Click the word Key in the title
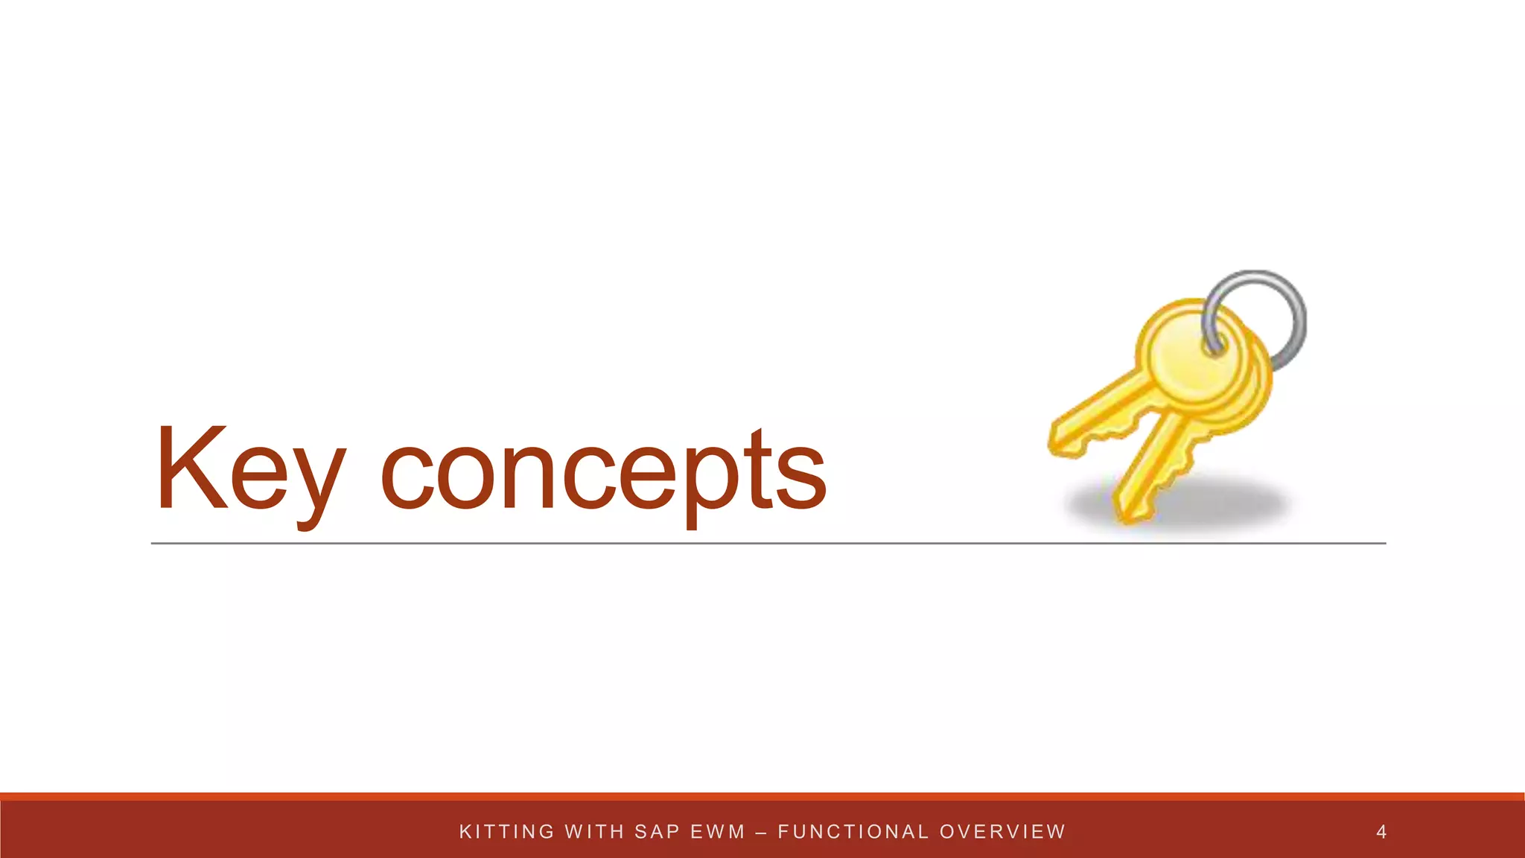[x=250, y=469]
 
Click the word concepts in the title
[x=603, y=473]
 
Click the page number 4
[x=1381, y=832]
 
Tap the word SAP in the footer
[x=657, y=832]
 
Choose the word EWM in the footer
[x=718, y=832]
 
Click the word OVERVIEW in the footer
[x=1002, y=832]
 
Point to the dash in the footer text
[x=761, y=832]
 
